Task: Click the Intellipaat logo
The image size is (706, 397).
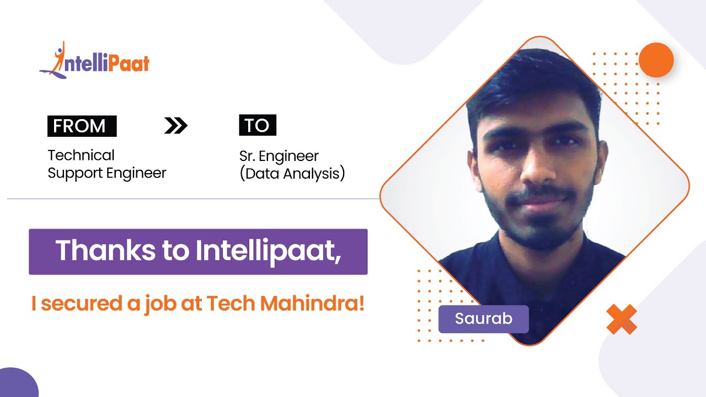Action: (95, 61)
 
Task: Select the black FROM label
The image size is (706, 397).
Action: (82, 126)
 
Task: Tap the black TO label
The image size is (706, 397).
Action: (257, 126)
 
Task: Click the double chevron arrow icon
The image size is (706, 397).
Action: (176, 126)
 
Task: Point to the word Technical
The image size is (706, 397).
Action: (81, 155)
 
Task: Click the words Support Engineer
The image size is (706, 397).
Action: (107, 173)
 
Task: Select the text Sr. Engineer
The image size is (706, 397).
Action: (279, 156)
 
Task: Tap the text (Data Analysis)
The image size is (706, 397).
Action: (292, 174)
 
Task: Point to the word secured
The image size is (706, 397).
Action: (79, 304)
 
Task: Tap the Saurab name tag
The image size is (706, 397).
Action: (483, 319)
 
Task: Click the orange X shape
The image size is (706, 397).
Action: (622, 319)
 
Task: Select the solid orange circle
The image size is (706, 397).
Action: (656, 60)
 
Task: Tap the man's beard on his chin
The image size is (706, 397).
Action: (532, 234)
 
